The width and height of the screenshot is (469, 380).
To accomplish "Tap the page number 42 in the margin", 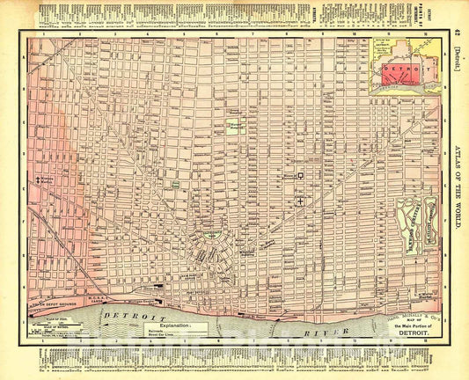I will click(457, 33).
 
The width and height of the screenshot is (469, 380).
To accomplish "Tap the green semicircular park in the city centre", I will click(211, 234).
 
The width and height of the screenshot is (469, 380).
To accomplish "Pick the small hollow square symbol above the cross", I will click(300, 175).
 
